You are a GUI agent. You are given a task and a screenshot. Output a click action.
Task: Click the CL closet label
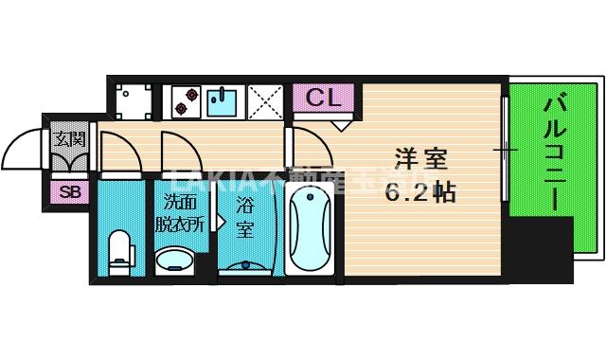323,97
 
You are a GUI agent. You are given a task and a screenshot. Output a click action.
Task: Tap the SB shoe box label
68,192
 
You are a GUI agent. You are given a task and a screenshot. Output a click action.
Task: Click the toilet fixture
120,252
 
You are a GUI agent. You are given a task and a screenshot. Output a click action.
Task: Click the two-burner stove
184,100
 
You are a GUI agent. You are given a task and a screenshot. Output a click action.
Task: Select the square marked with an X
267,100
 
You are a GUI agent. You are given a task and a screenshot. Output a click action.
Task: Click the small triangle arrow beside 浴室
220,222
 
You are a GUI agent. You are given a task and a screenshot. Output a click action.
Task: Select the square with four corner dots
133,100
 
